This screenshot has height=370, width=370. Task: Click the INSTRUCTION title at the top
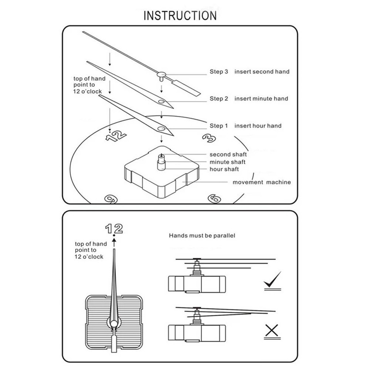point(180,16)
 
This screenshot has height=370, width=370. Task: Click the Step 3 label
point(219,71)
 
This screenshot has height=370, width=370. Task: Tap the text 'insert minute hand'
point(261,98)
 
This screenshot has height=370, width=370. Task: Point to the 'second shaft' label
point(228,154)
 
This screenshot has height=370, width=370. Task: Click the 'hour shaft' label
point(224,169)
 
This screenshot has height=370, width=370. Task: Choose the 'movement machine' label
point(262,182)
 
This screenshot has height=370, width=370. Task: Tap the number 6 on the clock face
point(215,199)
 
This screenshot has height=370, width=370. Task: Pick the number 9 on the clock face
point(111,199)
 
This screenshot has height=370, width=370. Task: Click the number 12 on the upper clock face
point(116,136)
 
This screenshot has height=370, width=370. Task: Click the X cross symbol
point(272,331)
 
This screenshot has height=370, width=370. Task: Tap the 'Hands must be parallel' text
point(202,235)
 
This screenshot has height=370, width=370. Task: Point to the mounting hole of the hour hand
point(161,128)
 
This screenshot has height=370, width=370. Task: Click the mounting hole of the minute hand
point(161,101)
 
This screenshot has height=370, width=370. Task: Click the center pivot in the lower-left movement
point(114,324)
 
